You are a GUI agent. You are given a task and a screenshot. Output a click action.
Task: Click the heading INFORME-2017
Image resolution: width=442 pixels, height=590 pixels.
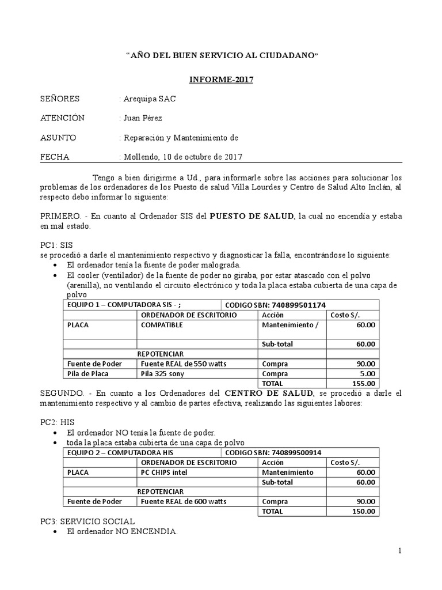(221, 80)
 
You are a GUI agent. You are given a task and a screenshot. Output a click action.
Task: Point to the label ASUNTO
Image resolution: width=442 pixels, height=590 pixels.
(58, 138)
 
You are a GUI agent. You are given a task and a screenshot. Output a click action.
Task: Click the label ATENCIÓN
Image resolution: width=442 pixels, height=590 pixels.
(62, 118)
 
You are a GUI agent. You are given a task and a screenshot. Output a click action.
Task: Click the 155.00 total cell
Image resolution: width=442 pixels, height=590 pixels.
(364, 383)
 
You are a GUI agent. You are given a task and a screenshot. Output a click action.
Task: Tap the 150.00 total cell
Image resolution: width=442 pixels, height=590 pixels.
(364, 511)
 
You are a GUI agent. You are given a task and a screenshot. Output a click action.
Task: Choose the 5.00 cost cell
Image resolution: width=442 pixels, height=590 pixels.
(368, 373)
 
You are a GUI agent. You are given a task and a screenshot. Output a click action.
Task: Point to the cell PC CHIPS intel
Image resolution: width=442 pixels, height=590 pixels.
(164, 472)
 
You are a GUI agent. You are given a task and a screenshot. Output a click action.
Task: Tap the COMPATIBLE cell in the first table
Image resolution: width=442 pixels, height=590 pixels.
(162, 324)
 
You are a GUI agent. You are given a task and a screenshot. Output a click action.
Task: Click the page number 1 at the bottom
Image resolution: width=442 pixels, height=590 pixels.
(399, 551)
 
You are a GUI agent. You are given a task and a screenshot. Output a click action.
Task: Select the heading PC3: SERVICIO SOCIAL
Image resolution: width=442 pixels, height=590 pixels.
(87, 521)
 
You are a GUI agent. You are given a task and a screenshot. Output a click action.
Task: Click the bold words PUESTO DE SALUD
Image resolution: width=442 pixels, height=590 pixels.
(251, 216)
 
